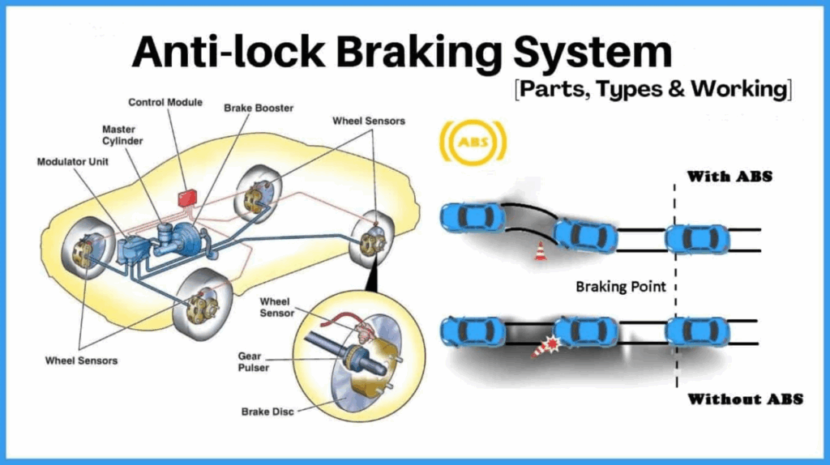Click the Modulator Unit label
(73, 161)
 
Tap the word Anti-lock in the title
(213, 53)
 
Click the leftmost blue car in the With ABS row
(471, 216)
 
